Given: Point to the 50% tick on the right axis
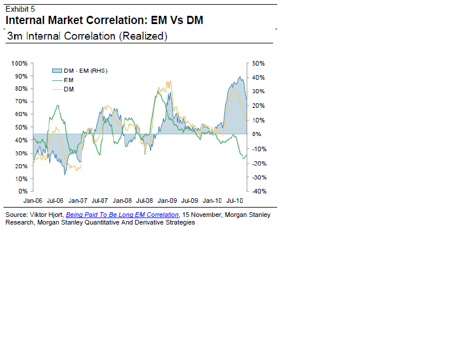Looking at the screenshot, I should [259, 63].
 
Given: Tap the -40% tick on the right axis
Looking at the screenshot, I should [258, 191].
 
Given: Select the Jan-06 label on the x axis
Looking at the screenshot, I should [32, 200].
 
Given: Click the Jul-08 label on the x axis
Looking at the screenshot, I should [145, 200].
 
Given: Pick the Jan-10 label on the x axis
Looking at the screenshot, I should [213, 200].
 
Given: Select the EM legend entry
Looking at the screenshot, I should [68, 80].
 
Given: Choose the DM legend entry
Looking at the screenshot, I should [68, 89].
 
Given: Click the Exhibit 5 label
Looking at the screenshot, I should [20, 8].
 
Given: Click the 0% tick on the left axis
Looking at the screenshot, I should [23, 191].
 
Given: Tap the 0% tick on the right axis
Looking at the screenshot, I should [257, 134].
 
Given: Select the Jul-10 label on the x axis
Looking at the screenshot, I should [235, 200].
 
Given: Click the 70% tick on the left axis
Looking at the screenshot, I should [21, 101].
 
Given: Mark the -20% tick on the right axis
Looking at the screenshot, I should [258, 163].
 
